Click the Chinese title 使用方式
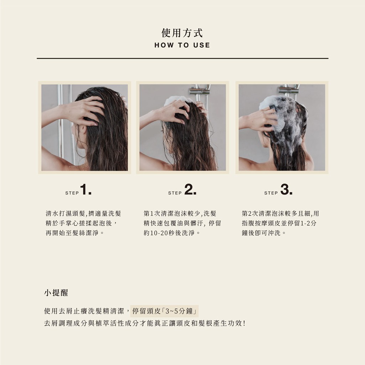click(182, 32)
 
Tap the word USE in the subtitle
click(202, 45)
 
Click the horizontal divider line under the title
click(182, 58)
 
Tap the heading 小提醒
click(56, 293)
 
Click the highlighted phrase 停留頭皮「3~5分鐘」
click(165, 311)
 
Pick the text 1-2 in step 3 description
click(305, 223)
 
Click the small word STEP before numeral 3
click(271, 193)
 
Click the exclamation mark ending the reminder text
click(244, 323)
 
